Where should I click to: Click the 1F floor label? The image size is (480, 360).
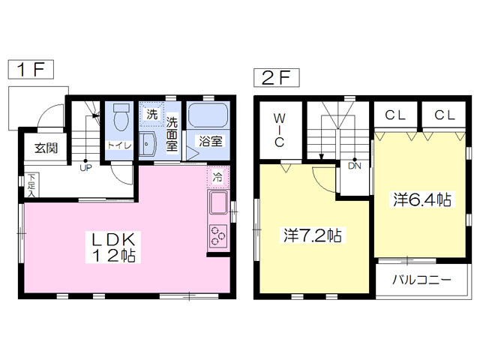coord(31,70)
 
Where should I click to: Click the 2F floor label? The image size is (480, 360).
coord(277,78)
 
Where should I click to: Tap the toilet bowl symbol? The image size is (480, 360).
coord(121,117)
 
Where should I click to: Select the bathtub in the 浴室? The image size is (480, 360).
coord(208,115)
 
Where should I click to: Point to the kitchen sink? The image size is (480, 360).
coord(218,202)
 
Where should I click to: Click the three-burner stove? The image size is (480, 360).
coord(218,236)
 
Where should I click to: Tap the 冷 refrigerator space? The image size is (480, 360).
coord(218,177)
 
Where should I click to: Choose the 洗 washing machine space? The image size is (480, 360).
coord(151,114)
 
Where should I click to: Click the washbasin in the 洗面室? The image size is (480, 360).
coord(147,144)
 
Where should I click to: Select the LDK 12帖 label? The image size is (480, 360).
coord(113,247)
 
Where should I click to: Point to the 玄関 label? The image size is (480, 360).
coord(46,148)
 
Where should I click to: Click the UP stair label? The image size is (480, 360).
coord(85,167)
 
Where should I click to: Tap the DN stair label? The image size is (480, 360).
coord(355,166)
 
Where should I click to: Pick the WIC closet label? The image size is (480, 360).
coord(279,130)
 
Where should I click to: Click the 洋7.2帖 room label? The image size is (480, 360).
coord(313,235)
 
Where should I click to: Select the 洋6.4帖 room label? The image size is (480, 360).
coord(421,199)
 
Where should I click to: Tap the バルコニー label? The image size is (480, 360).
coord(421,280)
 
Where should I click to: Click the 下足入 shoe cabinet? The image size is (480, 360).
coord(31,185)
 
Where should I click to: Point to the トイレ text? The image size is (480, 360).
coord(119,145)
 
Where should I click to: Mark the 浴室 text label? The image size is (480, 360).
coord(210,141)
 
